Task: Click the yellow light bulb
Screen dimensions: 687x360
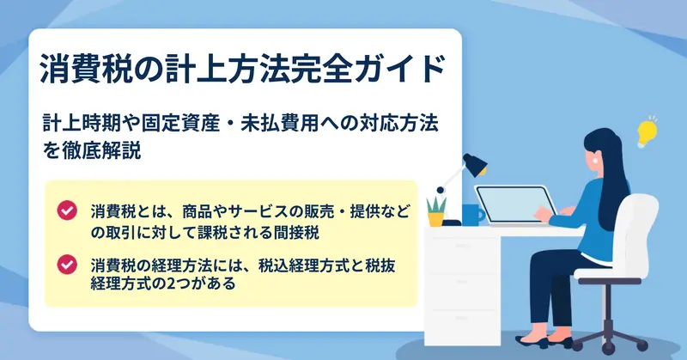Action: click(x=647, y=133)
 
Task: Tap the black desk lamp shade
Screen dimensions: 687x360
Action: click(x=476, y=165)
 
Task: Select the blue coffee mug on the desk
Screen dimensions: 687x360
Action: click(x=473, y=214)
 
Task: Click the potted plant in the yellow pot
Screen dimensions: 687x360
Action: click(x=436, y=211)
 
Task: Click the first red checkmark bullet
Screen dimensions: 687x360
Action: click(x=67, y=211)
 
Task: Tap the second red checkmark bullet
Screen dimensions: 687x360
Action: click(x=67, y=265)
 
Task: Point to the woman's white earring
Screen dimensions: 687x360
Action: click(x=595, y=161)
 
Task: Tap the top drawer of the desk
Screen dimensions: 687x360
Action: click(x=461, y=247)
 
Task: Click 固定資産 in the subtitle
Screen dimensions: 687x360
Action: click(x=180, y=123)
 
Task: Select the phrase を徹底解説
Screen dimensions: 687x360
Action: click(x=92, y=150)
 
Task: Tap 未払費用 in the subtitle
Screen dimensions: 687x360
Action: click(x=279, y=123)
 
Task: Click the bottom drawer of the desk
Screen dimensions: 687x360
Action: click(x=461, y=326)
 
